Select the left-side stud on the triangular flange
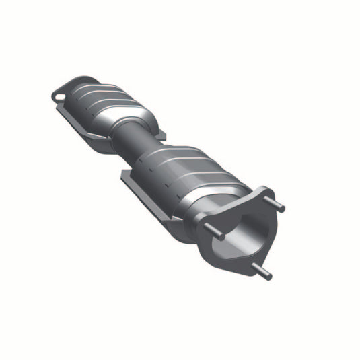click(x=215, y=231)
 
